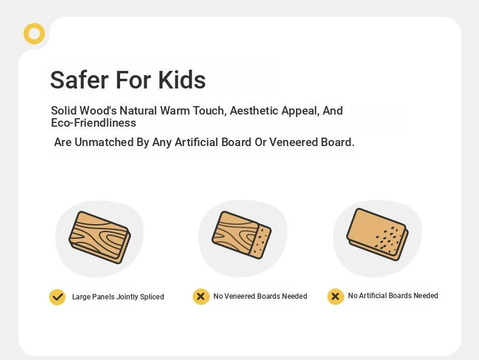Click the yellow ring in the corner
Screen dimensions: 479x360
pos(34,27)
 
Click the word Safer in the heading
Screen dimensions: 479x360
pos(79,80)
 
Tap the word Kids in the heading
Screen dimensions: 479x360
pos(182,80)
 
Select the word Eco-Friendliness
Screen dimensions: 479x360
pos(93,123)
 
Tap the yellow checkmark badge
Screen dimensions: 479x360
pos(58,297)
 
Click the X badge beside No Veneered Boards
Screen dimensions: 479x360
pos(201,296)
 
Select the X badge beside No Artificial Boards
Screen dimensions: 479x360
pos(335,296)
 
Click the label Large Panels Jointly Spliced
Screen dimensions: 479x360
pos(118,297)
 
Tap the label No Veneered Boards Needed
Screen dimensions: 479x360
pos(260,296)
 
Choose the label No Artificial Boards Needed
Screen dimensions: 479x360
pos(393,296)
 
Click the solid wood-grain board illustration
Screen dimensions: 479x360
pos(100,237)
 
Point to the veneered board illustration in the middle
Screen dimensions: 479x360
pos(242,235)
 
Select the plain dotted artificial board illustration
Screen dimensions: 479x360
pos(378,235)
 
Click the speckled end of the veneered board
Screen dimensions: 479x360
pos(261,242)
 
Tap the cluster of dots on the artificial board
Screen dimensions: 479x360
pos(387,238)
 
